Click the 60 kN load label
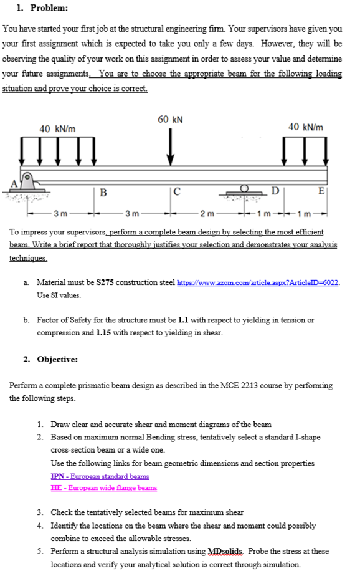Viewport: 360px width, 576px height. (x=170, y=120)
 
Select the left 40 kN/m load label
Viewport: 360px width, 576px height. (x=57, y=128)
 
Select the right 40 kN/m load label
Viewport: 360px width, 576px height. (x=306, y=127)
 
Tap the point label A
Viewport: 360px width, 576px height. (x=14, y=184)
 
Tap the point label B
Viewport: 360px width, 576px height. (x=103, y=192)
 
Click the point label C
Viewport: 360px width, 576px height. (x=177, y=192)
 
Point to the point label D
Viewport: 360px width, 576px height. (x=275, y=190)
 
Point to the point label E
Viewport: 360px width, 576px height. (x=321, y=191)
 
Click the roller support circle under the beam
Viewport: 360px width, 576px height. (x=244, y=188)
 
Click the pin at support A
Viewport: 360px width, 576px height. (x=26, y=176)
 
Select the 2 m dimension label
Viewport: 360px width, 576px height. (x=207, y=213)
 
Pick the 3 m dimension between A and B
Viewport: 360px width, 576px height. (x=60, y=213)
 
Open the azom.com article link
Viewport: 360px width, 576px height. (x=258, y=283)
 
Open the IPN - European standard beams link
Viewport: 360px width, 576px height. (x=100, y=476)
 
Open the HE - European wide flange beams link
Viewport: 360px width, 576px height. (x=104, y=488)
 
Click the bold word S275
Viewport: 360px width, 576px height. (x=105, y=282)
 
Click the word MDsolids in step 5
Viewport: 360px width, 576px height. (x=225, y=552)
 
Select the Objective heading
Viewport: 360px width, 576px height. (x=57, y=359)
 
